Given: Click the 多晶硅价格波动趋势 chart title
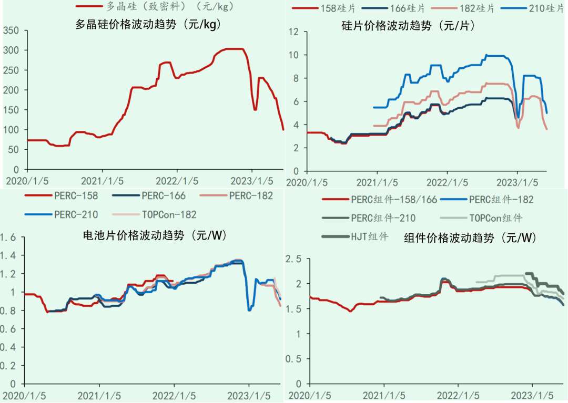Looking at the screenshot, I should [148, 24].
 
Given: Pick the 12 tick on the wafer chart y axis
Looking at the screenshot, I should [295, 32].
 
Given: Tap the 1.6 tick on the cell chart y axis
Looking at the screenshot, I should [8, 237].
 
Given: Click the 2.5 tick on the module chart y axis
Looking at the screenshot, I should [293, 259].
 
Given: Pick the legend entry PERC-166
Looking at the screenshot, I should [156, 196].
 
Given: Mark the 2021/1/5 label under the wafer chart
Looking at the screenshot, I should [377, 182].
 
